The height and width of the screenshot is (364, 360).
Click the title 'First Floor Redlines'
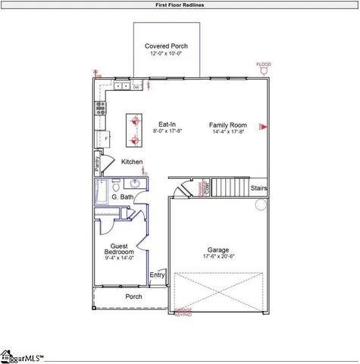click(x=180, y=5)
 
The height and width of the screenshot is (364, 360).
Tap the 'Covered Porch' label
click(x=167, y=46)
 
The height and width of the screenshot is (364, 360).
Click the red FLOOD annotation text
click(x=263, y=64)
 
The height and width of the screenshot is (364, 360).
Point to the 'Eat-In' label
click(x=167, y=124)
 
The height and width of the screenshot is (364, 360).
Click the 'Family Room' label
click(x=228, y=124)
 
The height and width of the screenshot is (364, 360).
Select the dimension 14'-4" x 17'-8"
click(x=228, y=132)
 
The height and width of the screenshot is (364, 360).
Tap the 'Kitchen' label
click(x=133, y=162)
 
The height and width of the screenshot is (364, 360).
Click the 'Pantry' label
click(x=98, y=162)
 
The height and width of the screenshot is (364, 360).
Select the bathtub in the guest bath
click(x=99, y=193)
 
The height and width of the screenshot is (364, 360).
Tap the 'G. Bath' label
click(x=123, y=197)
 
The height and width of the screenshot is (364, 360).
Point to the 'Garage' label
click(x=218, y=249)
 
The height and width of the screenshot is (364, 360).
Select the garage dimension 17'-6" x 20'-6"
click(x=218, y=257)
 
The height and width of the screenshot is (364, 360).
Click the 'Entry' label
click(x=157, y=275)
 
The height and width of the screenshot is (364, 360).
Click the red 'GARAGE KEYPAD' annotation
click(x=183, y=312)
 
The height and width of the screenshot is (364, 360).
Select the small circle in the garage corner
click(x=261, y=204)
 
